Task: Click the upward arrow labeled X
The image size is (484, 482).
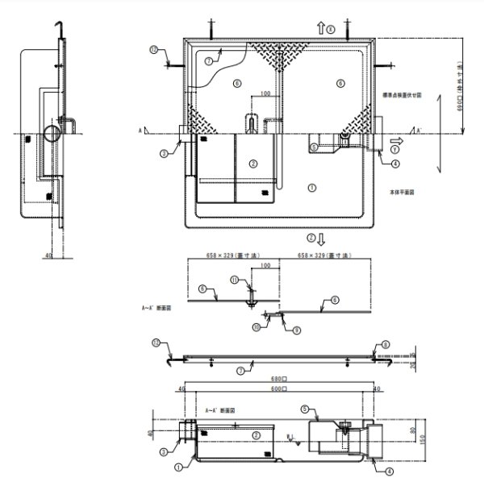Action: pyautogui.click(x=320, y=28)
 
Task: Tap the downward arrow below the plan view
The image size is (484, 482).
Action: pyautogui.click(x=322, y=239)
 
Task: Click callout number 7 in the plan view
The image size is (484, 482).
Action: pyautogui.click(x=208, y=60)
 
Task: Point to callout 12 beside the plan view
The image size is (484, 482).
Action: pyautogui.click(x=153, y=49)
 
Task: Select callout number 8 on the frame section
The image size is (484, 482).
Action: pyautogui.click(x=386, y=345)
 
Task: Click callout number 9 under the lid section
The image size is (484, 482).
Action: pyautogui.click(x=296, y=330)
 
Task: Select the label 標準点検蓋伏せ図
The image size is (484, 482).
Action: pyautogui.click(x=400, y=94)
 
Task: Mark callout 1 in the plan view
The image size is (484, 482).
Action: pyautogui.click(x=312, y=186)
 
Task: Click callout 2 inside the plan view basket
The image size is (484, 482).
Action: pyautogui.click(x=253, y=163)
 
